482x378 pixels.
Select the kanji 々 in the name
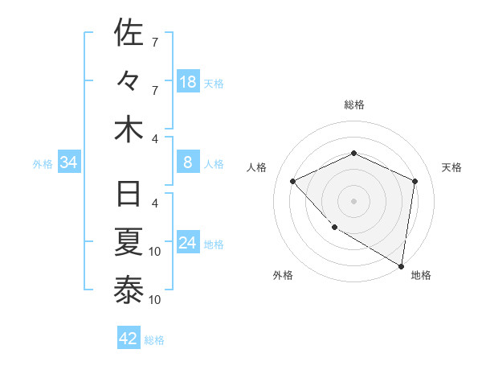(x=129, y=81)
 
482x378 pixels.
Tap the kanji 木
(x=129, y=130)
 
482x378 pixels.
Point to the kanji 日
(x=129, y=195)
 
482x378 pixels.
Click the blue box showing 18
(x=188, y=82)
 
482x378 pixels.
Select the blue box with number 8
(x=188, y=163)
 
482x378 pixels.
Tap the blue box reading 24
(x=188, y=244)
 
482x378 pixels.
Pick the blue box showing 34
(x=69, y=163)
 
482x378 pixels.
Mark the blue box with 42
(x=129, y=339)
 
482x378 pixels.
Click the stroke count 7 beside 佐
(x=155, y=42)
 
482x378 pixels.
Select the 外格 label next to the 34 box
(x=43, y=164)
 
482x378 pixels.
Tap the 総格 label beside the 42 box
(x=154, y=339)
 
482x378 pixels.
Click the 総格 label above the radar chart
(x=353, y=105)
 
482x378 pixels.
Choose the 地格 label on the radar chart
(x=421, y=275)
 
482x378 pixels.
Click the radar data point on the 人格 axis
(x=293, y=181)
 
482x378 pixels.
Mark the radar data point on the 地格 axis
(x=401, y=265)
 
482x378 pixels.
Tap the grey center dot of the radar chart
(x=353, y=200)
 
